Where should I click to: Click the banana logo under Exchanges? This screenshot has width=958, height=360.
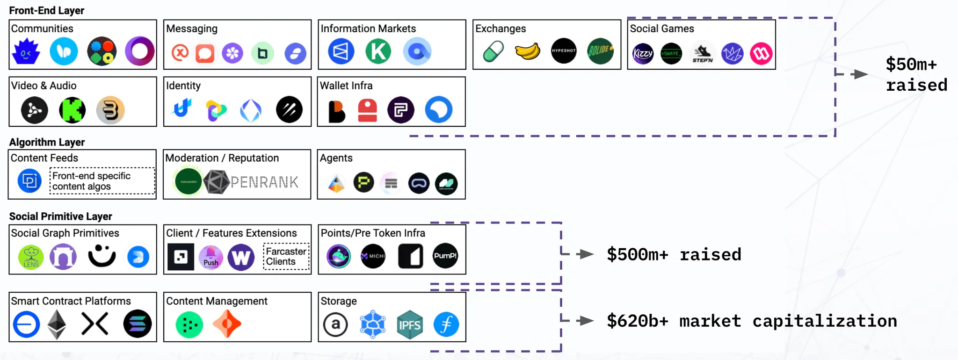528,51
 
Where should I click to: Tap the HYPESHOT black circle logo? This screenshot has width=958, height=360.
564,50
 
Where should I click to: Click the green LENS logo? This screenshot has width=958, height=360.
31,257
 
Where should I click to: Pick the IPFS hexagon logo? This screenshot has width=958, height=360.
409,324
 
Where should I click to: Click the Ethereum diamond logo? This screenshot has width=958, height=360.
57,324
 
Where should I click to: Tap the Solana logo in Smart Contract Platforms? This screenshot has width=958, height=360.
138,324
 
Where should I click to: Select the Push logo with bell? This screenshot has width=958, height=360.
210,257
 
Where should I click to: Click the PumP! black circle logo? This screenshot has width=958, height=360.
445,256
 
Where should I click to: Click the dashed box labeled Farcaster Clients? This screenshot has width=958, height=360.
286,256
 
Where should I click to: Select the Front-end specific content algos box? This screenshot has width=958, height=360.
102,181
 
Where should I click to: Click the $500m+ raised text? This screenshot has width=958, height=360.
674,255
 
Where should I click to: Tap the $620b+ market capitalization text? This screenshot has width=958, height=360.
752,321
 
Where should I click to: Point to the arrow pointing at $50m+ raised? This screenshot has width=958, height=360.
859,74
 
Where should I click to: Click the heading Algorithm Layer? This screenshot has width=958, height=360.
47,142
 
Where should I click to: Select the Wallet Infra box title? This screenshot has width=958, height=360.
346,86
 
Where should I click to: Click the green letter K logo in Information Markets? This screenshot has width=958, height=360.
378,51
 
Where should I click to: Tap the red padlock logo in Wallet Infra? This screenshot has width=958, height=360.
367,110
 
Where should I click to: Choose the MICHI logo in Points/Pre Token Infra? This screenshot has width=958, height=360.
373,256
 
